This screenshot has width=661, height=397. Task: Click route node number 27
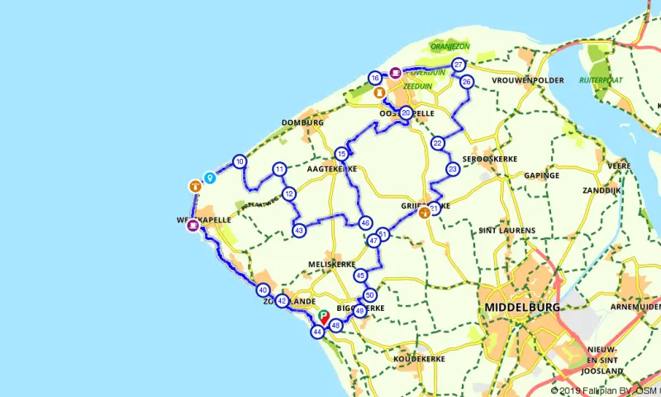point(459,65)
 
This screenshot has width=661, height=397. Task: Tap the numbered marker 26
point(467,82)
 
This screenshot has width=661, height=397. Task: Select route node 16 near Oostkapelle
point(375,78)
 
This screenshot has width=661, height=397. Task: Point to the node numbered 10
point(240,161)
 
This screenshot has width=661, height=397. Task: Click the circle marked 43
point(299,230)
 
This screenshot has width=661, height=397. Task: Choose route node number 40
point(263,290)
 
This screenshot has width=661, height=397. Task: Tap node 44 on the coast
point(317,332)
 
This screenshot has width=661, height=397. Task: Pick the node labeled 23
point(453,169)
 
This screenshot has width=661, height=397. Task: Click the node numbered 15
point(341,153)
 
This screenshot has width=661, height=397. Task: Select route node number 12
point(288,194)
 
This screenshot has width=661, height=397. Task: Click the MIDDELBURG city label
point(523,307)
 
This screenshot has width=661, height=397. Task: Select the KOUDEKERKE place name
point(397,359)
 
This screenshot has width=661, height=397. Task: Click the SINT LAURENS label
point(506,231)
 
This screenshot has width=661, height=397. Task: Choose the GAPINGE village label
point(542,175)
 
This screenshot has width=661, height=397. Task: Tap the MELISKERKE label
point(330,264)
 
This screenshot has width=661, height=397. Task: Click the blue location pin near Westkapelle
point(210,177)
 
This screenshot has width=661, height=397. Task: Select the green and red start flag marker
point(324,316)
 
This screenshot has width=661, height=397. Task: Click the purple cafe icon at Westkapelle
point(193,223)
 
